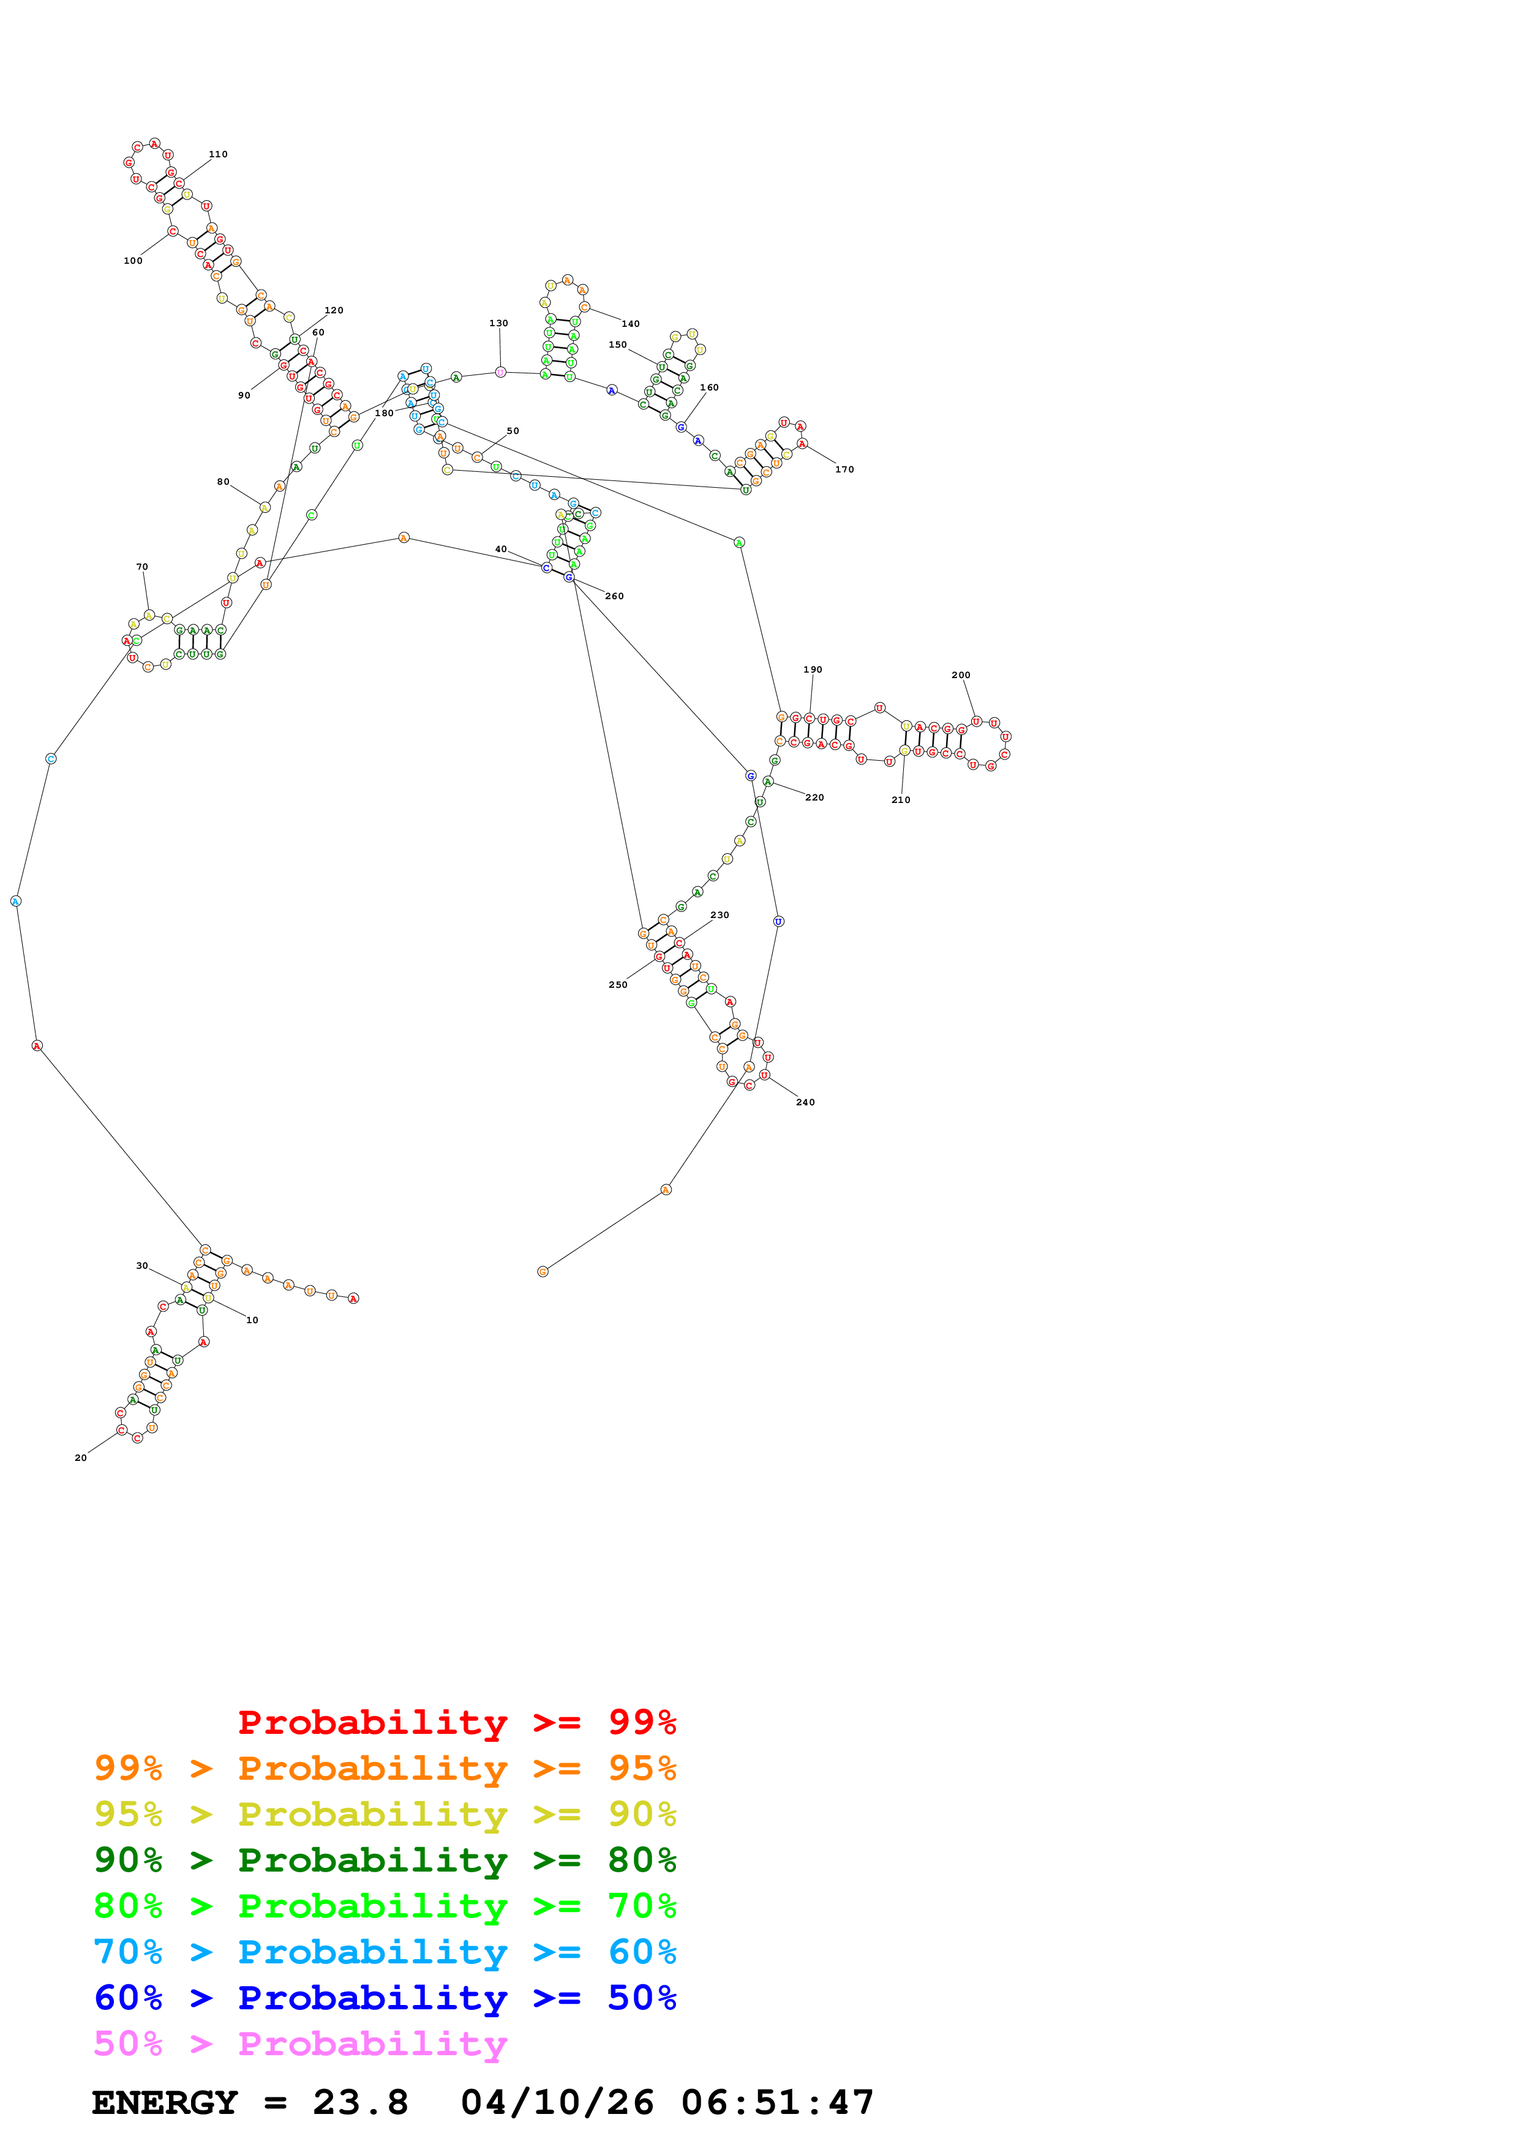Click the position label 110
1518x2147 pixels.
(x=218, y=154)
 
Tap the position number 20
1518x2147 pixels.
(x=80, y=1458)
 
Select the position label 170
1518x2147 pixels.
(x=844, y=469)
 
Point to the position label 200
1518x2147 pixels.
(x=961, y=675)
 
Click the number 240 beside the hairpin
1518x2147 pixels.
(x=805, y=1102)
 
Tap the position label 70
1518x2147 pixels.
(x=142, y=567)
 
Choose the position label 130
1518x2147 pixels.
(x=498, y=324)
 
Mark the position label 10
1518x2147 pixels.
(x=252, y=1320)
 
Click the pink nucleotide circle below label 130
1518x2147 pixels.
(x=500, y=372)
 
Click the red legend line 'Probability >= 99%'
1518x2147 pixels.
(x=456, y=1722)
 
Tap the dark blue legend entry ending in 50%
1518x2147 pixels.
(x=385, y=1998)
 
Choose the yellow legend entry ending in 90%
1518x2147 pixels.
(x=385, y=1814)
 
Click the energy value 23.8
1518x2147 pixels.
(x=360, y=2103)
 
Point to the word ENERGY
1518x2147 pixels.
(x=165, y=2103)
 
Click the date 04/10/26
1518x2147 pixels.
(x=557, y=2103)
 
